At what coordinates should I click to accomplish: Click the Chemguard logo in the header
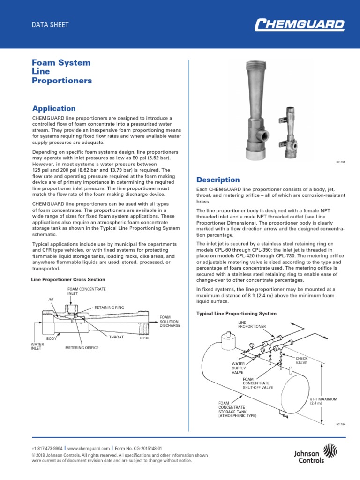pos(299,24)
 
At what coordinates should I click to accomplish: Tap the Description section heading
pos(217,180)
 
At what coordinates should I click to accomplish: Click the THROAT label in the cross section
pos(116,337)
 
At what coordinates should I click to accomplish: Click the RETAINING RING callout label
pos(109,307)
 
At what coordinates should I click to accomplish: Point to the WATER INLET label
pos(37,346)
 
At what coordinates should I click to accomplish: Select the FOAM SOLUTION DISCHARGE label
pos(170,321)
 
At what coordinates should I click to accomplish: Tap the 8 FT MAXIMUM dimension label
pos(324,401)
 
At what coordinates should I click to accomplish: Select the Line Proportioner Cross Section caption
pos(68,280)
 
